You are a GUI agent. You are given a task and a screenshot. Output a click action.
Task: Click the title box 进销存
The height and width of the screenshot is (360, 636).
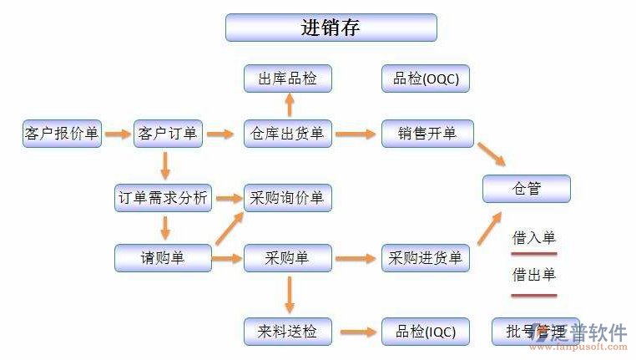click(331, 28)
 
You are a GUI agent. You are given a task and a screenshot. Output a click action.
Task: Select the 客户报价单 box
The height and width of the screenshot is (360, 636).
click(63, 134)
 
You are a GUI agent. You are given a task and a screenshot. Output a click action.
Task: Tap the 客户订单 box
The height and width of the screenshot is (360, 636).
click(168, 134)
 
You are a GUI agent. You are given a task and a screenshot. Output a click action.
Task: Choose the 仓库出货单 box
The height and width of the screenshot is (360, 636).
click(287, 134)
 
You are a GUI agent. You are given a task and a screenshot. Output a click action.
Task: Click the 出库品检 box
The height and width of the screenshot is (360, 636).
click(287, 79)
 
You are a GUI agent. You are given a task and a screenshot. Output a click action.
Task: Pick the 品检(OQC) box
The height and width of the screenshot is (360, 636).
click(425, 79)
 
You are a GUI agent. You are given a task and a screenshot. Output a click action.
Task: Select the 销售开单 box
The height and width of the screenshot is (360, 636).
click(427, 134)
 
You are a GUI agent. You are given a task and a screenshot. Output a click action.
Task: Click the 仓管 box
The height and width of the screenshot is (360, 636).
click(526, 189)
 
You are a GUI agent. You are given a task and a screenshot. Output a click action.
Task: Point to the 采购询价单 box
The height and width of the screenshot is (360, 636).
click(287, 198)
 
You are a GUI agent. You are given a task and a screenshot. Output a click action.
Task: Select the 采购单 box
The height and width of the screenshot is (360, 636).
click(287, 258)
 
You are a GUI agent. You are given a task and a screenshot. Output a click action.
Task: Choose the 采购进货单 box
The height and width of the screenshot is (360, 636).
click(425, 258)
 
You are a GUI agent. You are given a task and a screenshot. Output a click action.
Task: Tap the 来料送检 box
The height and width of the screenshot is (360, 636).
click(287, 331)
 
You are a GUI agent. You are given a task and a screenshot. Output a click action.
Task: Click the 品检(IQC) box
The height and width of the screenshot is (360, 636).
click(425, 331)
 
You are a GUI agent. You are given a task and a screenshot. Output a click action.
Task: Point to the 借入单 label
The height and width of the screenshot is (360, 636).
click(533, 238)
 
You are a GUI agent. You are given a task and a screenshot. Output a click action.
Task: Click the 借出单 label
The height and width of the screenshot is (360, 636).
click(533, 275)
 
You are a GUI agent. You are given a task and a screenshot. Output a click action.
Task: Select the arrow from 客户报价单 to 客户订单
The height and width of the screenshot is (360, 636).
click(117, 134)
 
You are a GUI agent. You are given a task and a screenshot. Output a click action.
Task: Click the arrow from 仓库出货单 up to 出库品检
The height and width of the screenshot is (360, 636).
click(289, 105)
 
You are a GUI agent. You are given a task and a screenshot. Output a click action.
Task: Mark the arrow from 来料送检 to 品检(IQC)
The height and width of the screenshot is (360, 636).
click(357, 332)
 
